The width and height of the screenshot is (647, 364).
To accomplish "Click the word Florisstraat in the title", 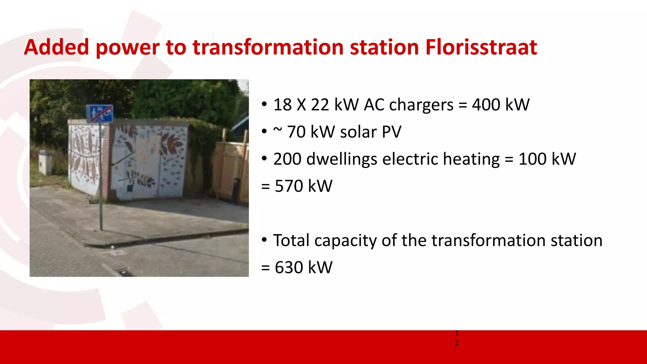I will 481,47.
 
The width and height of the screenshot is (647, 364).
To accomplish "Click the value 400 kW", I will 500,105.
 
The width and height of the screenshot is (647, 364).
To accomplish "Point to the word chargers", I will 421,105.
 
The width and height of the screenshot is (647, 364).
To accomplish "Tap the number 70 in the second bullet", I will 296,132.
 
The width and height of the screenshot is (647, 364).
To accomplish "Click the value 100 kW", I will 547,159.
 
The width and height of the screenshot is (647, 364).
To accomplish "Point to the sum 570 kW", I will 303,186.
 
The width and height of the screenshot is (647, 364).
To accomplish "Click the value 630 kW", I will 303,267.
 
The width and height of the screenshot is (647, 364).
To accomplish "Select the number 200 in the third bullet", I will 287,159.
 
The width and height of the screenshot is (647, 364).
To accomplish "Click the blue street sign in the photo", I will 100,113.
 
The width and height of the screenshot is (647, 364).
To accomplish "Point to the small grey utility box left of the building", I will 45,162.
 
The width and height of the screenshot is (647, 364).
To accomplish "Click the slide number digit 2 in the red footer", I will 457,343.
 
